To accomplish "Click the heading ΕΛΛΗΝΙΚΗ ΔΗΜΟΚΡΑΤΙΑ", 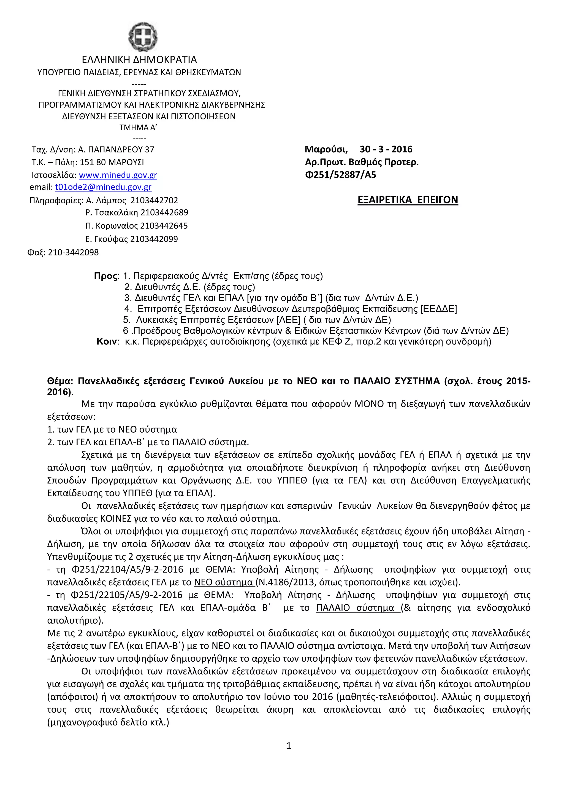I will pyautogui.click(x=139, y=60).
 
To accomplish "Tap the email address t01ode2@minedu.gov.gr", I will pyautogui.click(x=103, y=187).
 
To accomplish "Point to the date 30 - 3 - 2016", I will pyautogui.click(x=386, y=149).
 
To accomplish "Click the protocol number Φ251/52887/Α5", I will pyautogui.click(x=340, y=175).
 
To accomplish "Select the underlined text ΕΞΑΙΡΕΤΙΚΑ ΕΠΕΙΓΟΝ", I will pyautogui.click(x=408, y=200).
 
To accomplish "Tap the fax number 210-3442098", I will pyautogui.click(x=73, y=252).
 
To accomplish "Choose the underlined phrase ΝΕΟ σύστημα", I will pyautogui.click(x=224, y=582).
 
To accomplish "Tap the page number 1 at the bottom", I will pyautogui.click(x=289, y=746).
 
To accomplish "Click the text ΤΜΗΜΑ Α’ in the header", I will pyautogui.click(x=138, y=128).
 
